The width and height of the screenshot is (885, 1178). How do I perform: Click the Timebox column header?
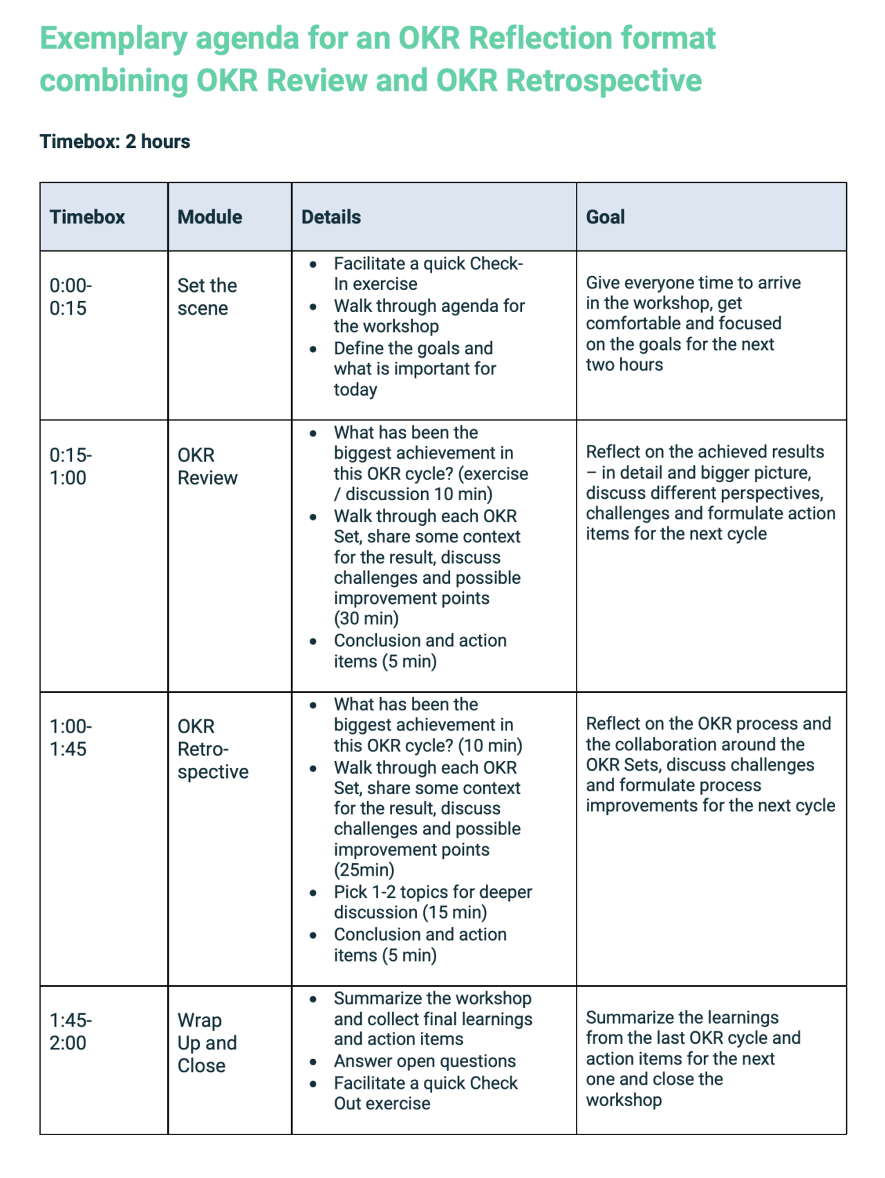(87, 217)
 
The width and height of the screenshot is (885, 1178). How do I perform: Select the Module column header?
(209, 217)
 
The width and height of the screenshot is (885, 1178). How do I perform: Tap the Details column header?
(331, 217)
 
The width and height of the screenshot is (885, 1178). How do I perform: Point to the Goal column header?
(605, 217)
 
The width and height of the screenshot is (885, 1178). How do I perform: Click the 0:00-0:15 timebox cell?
(70, 297)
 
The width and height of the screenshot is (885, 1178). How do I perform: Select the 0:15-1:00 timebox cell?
(70, 466)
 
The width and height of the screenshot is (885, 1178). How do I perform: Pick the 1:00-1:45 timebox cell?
(70, 737)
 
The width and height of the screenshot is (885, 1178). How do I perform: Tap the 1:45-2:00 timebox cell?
(70, 1031)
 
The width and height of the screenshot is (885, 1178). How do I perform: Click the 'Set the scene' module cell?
(207, 297)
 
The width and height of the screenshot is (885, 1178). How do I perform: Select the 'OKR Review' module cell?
(207, 466)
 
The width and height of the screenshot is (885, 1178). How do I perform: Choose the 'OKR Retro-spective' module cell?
(212, 749)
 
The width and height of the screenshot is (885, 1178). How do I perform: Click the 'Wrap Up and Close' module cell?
(207, 1042)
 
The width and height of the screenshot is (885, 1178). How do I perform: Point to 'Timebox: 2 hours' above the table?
(115, 142)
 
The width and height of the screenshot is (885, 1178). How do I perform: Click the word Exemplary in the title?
(113, 39)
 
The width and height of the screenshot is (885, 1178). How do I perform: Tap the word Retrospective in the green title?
(604, 81)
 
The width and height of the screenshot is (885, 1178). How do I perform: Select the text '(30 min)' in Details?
(366, 618)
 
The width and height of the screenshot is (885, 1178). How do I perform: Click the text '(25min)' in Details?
(364, 869)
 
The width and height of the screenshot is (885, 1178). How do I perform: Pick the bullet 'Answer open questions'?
(425, 1061)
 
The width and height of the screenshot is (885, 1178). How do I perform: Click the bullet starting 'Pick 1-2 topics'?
(432, 902)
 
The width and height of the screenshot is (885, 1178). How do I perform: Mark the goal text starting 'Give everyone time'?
(693, 323)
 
